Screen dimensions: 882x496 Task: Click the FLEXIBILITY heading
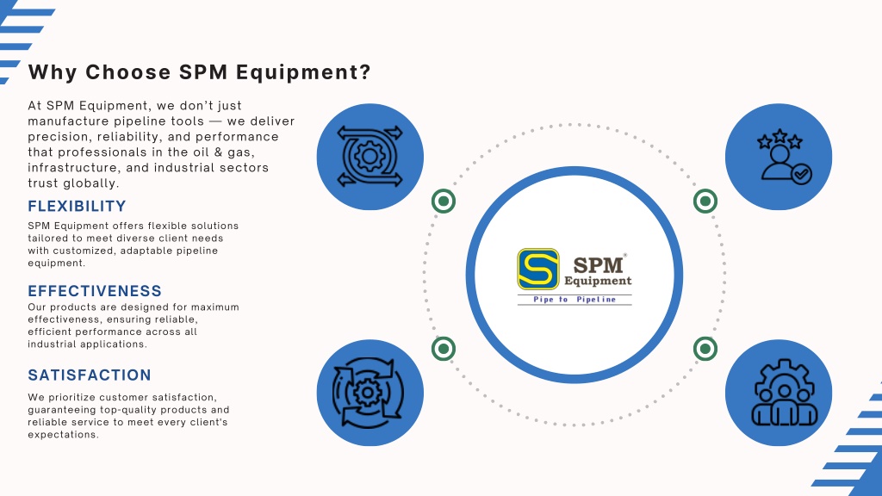(77, 207)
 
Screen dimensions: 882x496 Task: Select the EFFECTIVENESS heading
(95, 291)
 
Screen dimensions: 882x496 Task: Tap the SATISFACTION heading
(90, 375)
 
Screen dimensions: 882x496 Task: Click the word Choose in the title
(128, 72)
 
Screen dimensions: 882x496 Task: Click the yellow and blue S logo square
(538, 270)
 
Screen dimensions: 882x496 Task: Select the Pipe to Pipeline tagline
(575, 299)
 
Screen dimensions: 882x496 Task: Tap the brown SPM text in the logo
(598, 265)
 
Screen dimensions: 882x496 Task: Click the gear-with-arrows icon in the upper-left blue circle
(370, 157)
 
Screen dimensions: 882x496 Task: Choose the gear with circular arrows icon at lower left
(368, 393)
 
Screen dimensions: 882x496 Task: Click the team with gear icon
(784, 393)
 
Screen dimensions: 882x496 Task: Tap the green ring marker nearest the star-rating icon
(705, 201)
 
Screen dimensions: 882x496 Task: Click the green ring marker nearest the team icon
(705, 349)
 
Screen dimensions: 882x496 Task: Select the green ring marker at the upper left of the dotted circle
(444, 201)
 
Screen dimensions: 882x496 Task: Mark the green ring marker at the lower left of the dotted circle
(444, 349)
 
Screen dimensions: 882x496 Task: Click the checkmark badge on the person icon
(802, 174)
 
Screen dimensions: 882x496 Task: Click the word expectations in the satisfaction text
(63, 435)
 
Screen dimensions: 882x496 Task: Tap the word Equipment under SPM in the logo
(598, 281)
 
